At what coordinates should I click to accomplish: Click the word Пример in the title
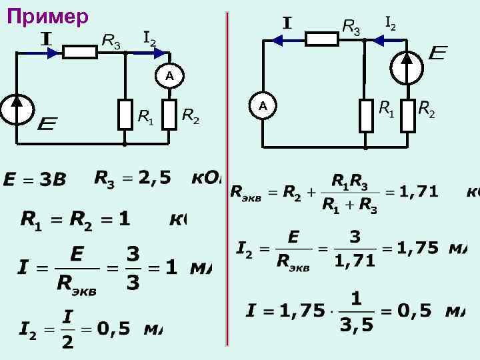coord(47,16)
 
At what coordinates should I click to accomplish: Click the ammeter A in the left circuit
coord(170,76)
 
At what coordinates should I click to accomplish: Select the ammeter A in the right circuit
coord(263,105)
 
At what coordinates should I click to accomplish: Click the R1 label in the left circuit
coord(145,118)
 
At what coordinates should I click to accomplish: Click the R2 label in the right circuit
coord(426,109)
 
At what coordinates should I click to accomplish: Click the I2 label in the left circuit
coord(150,38)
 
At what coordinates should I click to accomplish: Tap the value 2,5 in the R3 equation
coord(155,177)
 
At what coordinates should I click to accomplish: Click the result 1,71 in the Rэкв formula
coord(420,192)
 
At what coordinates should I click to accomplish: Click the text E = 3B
coord(35,180)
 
